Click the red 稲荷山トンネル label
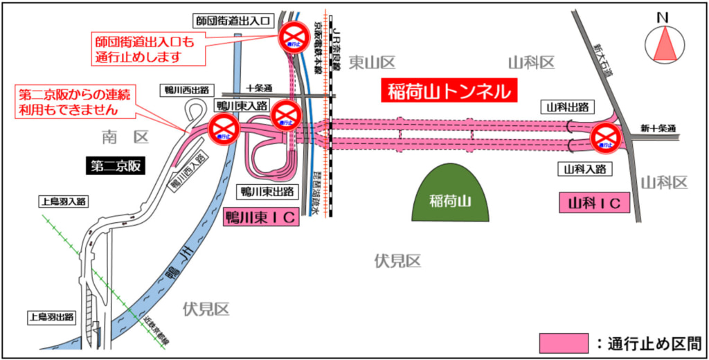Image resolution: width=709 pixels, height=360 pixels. pos(449,91)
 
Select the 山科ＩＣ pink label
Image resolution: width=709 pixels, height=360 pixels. pos(594,203)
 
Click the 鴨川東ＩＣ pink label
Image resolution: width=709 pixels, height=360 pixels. pos(261,217)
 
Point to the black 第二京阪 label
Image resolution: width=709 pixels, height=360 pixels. pos(116,165)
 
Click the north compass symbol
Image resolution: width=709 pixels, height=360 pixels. pos(664,44)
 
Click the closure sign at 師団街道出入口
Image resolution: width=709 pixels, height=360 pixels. pos(293,37)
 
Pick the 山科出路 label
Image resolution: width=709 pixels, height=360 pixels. pos(568,107)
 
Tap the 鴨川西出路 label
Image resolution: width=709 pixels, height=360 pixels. pos(186,90)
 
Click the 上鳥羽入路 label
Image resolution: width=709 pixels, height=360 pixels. pos(63,201)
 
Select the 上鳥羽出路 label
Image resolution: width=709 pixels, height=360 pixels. pos(51,317)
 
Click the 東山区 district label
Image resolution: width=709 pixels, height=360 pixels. pos(372,63)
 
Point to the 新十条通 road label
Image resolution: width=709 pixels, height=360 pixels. pos(657,128)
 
